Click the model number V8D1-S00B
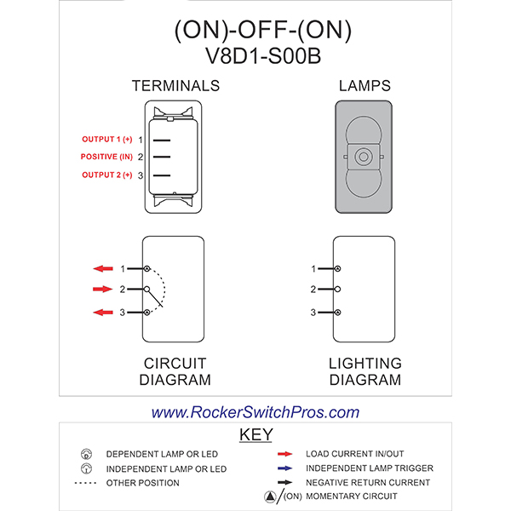click(x=261, y=56)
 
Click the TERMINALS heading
click(x=175, y=86)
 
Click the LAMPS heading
click(x=365, y=86)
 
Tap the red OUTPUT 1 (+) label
click(x=106, y=139)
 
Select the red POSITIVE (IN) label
click(x=106, y=157)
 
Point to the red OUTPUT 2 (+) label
click(x=106, y=175)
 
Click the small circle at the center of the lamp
click(x=365, y=157)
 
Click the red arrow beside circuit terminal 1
click(x=103, y=268)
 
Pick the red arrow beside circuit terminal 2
click(x=103, y=290)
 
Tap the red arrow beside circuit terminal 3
click(x=103, y=313)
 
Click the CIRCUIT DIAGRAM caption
click(x=176, y=371)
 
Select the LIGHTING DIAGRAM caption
click(x=365, y=371)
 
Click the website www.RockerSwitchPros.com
click(x=255, y=412)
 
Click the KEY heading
click(x=255, y=435)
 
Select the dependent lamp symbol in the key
click(x=86, y=454)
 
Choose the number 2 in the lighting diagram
click(x=313, y=290)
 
